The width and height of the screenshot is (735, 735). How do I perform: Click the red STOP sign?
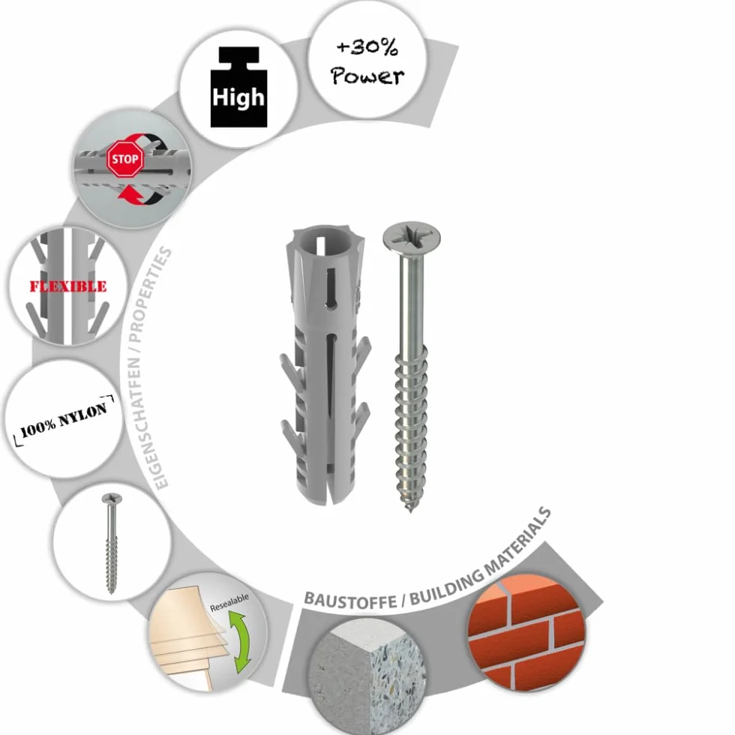pyautogui.click(x=125, y=159)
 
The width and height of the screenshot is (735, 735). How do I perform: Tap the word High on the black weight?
pyautogui.click(x=238, y=97)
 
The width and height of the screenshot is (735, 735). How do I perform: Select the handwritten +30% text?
pyautogui.click(x=367, y=47)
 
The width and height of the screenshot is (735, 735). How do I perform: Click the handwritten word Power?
pyautogui.click(x=367, y=76)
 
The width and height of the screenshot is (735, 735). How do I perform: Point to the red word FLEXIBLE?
pyautogui.click(x=68, y=286)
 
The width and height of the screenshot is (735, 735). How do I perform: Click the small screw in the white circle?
pyautogui.click(x=112, y=543)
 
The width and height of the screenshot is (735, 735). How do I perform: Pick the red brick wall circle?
pyautogui.click(x=526, y=633)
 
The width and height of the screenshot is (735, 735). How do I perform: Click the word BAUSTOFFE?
pyautogui.click(x=350, y=600)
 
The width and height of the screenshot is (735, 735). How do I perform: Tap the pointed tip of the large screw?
pyautogui.click(x=410, y=510)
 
